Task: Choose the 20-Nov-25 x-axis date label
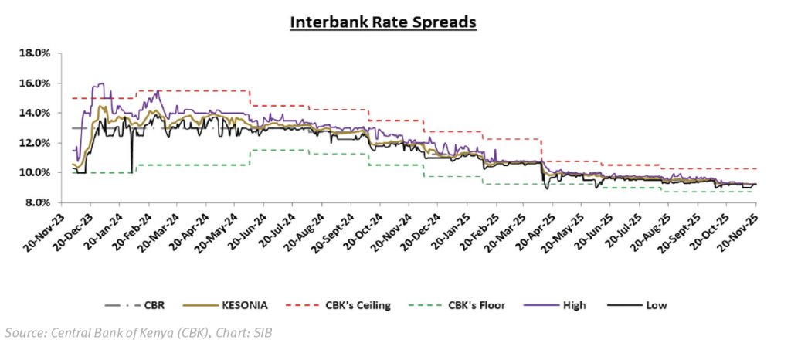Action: pyautogui.click(x=740, y=230)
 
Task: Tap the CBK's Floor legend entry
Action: pyautogui.click(x=472, y=305)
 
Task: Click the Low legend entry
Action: pyautogui.click(x=654, y=305)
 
